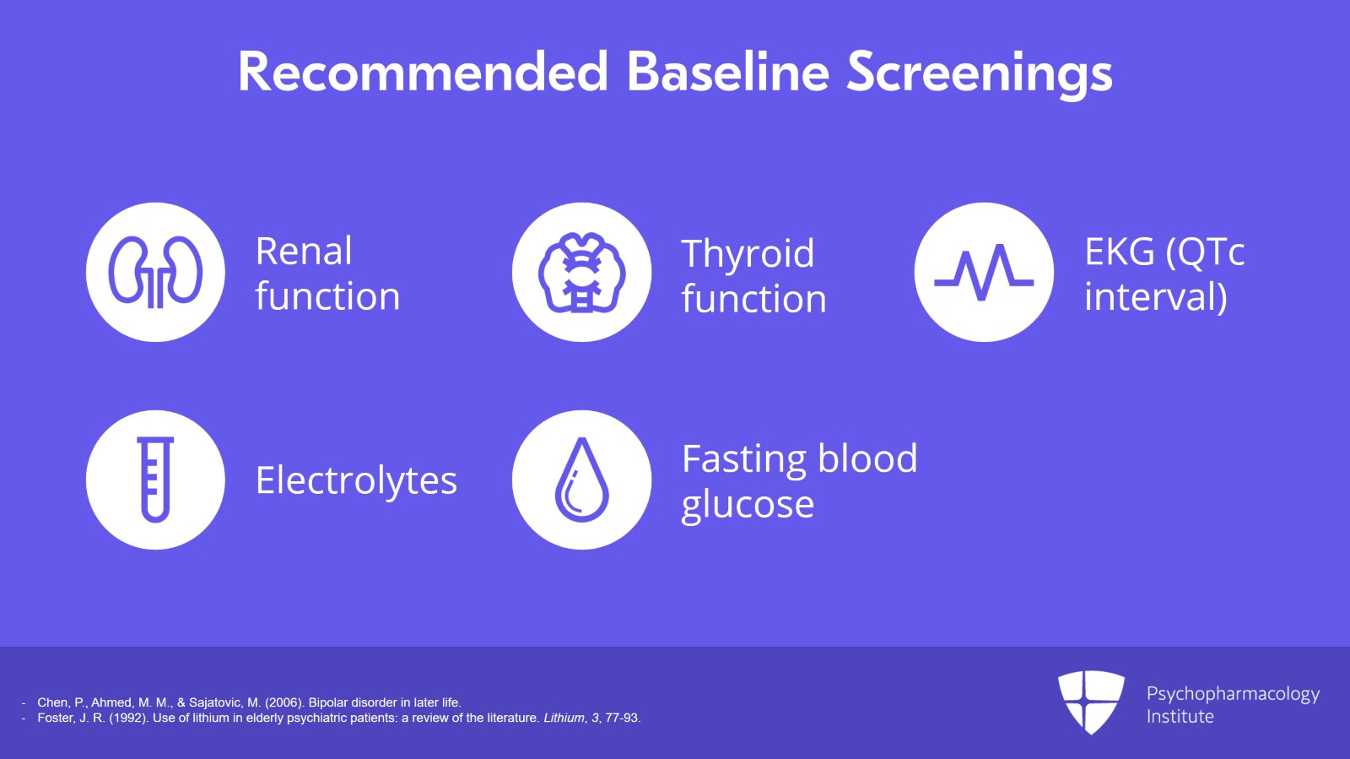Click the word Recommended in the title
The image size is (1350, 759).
(x=423, y=73)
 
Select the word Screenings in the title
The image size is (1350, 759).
(x=980, y=75)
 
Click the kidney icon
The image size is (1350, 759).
(x=155, y=272)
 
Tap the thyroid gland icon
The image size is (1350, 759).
(x=581, y=273)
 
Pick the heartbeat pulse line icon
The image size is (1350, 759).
(x=984, y=273)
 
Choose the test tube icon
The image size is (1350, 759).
(x=155, y=480)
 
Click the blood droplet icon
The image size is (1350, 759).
(x=581, y=480)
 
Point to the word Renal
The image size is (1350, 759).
(x=304, y=251)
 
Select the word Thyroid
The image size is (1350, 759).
(x=748, y=255)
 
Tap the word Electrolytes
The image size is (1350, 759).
(x=356, y=481)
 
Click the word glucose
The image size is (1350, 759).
(x=748, y=505)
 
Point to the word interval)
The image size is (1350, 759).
(x=1156, y=296)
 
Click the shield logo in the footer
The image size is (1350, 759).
(x=1091, y=702)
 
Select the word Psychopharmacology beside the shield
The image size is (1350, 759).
(x=1233, y=695)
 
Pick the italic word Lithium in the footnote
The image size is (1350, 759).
(x=564, y=718)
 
